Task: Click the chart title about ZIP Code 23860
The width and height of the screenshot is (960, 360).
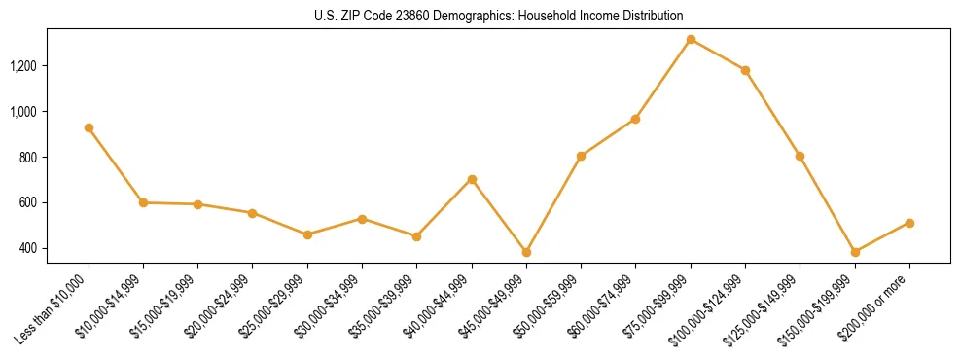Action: pos(499,16)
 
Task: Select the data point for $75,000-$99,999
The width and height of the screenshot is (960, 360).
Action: pos(691,40)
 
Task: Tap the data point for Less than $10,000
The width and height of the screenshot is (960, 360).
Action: pos(89,127)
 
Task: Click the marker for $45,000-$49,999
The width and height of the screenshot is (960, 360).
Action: pos(526,252)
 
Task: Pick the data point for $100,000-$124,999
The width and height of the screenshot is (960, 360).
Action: pos(745,70)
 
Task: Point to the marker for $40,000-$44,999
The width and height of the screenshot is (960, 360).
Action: pos(472,179)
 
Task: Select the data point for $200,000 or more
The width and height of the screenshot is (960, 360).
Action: pos(909,223)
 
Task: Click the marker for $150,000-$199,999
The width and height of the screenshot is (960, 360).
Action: pos(855,252)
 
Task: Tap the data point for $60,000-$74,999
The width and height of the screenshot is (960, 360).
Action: pos(636,119)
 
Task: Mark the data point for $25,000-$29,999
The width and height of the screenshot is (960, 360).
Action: pos(307,234)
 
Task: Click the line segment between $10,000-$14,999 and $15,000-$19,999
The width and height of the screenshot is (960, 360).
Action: pos(170,203)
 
